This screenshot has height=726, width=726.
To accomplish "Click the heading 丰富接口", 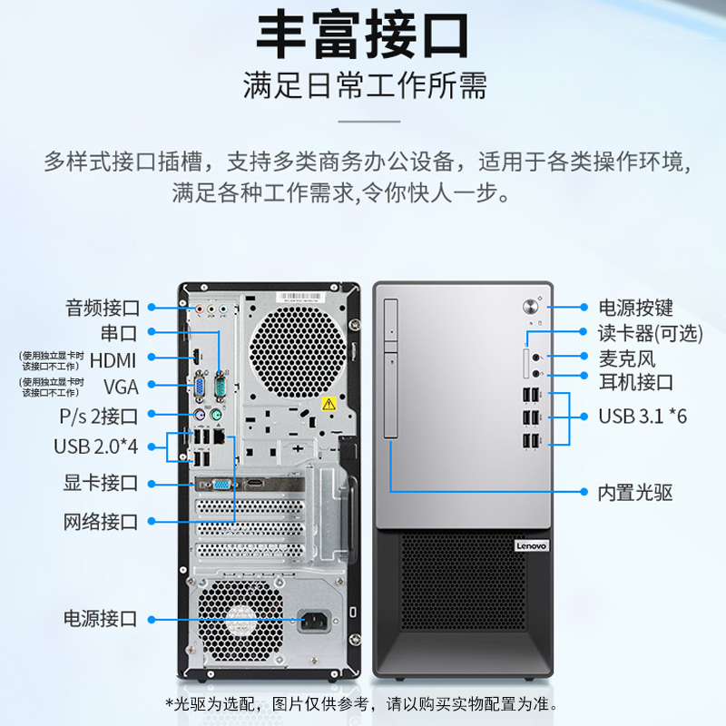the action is (362, 35).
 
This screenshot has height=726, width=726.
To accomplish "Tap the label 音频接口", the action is (103, 308).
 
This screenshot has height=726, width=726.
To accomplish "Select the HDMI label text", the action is (113, 360).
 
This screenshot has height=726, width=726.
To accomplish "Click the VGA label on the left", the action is (121, 388).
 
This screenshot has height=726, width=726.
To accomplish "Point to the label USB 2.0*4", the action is (96, 446).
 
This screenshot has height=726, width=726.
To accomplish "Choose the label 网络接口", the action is (101, 522).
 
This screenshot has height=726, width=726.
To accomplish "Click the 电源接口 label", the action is (101, 619).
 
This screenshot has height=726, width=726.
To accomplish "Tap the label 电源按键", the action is (635, 308).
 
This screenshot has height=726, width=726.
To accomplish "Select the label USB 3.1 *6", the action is (643, 417).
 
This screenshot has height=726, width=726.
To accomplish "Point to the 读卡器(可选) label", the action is (650, 333).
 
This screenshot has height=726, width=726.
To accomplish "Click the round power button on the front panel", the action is (530, 306).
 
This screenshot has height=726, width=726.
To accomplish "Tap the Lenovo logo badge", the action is (531, 546).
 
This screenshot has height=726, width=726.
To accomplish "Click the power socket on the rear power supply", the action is (315, 621).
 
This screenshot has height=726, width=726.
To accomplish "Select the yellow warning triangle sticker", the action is (329, 404).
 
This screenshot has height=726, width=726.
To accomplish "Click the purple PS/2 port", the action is (200, 414).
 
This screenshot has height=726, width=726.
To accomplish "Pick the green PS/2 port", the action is (216, 414).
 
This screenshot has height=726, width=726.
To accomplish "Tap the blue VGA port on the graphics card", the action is (221, 485).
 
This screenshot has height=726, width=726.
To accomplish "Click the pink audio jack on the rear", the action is (200, 308).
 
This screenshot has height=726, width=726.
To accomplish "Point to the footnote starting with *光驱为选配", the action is (362, 705).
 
